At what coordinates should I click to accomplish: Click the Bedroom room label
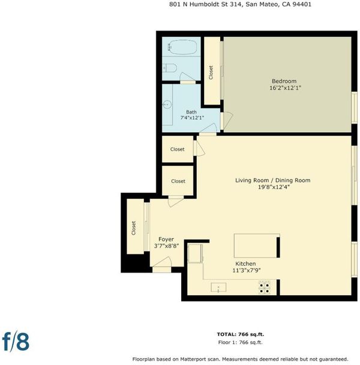[284, 81]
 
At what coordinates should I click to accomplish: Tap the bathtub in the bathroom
[182, 47]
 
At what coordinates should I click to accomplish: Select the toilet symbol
[170, 68]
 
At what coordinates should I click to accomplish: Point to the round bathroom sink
[167, 104]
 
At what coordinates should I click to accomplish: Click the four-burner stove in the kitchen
[265, 288]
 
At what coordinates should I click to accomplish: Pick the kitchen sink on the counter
[218, 287]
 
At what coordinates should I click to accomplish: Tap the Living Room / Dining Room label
[273, 180]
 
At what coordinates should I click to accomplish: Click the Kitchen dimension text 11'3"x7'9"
[247, 270]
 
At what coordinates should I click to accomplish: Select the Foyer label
[166, 239]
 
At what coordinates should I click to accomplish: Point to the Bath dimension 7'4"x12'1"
[192, 118]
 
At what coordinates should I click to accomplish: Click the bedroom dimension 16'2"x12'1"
[286, 88]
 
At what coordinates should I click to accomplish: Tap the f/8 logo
[16, 342]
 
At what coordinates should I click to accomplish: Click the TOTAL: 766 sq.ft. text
[241, 334]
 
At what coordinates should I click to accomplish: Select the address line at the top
[240, 4]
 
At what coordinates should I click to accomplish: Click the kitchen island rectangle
[257, 246]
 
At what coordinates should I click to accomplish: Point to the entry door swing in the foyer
[162, 262]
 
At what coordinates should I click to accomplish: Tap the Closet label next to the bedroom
[211, 73]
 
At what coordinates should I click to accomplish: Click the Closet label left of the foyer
[133, 228]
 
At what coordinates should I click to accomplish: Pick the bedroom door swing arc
[228, 120]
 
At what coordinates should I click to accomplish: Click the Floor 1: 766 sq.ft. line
[241, 342]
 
